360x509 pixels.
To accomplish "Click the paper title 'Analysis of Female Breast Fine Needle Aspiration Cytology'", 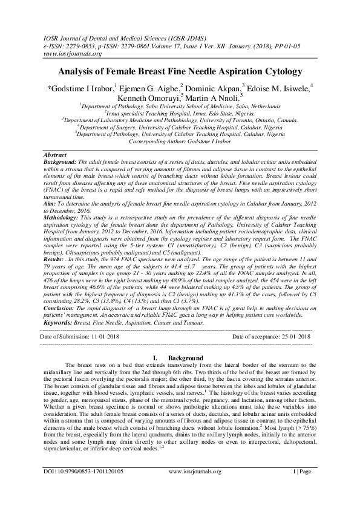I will pyautogui.click(x=180, y=71).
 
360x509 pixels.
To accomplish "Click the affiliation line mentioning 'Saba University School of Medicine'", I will pyautogui.click(x=180, y=105).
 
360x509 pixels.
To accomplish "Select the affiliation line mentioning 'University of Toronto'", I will pyautogui.click(x=180, y=120).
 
